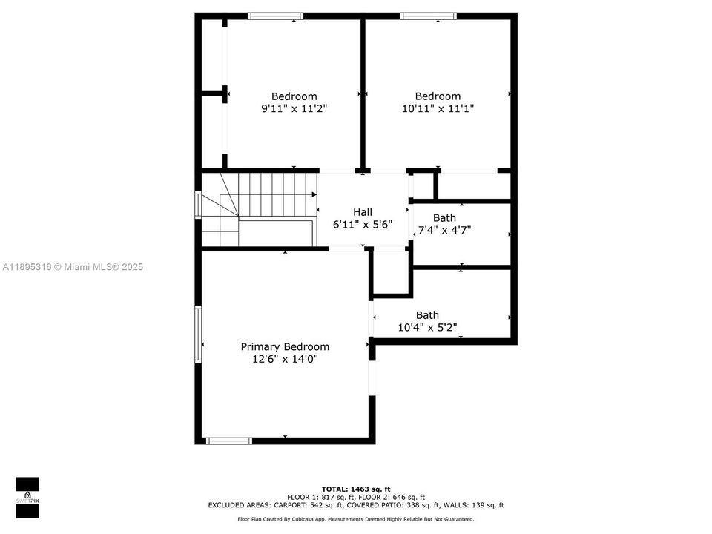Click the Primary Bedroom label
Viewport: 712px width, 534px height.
tap(285, 346)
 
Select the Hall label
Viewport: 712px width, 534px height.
tap(363, 211)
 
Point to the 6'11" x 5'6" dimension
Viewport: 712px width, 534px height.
tap(363, 224)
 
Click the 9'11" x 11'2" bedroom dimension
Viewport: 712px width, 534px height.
tap(294, 108)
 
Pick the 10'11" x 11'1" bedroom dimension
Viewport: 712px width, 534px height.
tap(438, 108)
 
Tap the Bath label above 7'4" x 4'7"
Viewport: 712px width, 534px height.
tap(444, 217)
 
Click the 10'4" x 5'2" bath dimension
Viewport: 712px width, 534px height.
tap(427, 327)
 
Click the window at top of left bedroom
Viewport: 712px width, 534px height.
tap(276, 16)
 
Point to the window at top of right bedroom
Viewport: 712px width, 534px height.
tap(428, 16)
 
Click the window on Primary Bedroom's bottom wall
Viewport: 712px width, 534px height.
tap(229, 441)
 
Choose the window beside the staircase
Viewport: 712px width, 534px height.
tap(198, 205)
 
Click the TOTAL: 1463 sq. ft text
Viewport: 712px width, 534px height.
tap(355, 489)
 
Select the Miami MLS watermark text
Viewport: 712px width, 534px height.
tap(73, 267)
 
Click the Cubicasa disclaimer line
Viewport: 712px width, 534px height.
tap(355, 519)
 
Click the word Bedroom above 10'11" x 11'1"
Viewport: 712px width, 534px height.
tap(438, 96)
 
